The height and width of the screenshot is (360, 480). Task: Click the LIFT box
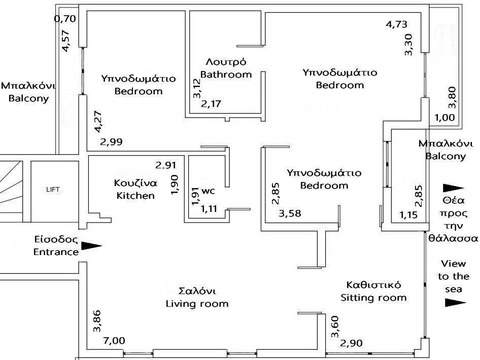[x=53, y=190]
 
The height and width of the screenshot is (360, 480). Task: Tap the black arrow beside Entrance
[x=91, y=246]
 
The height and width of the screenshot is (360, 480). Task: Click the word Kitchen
[x=135, y=195]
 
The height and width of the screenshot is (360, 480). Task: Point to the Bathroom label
[x=226, y=75]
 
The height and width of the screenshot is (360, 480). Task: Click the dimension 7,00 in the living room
[x=114, y=341]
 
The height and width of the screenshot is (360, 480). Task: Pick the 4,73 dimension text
[x=396, y=24]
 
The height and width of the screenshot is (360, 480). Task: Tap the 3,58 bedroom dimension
[x=290, y=213]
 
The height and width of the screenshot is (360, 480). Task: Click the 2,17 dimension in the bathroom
[x=212, y=104]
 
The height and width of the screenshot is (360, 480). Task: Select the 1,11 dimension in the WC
[x=209, y=208]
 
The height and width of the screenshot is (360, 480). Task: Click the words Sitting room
[x=373, y=298]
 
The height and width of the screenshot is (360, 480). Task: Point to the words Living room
[x=197, y=304]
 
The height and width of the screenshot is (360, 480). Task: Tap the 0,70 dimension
[x=64, y=20]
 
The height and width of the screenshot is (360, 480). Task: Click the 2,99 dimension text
[x=111, y=142]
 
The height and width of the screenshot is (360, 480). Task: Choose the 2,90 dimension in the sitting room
[x=352, y=343]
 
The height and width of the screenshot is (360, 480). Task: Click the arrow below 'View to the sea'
[x=455, y=303]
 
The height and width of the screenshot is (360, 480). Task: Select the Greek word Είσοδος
[x=56, y=239]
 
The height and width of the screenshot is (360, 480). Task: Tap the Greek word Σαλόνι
[x=197, y=292]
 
